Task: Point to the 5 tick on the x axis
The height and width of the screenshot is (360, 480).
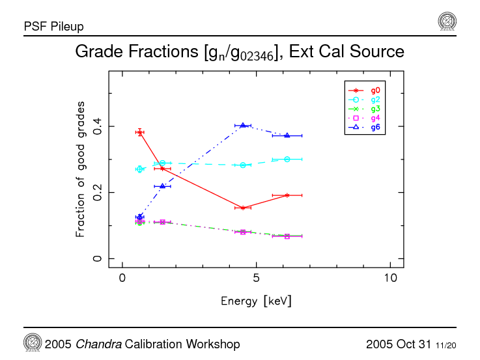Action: pos(257,279)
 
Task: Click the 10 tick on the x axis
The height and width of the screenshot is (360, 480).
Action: pos(390,279)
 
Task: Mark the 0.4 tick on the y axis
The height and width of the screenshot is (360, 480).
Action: pos(98,126)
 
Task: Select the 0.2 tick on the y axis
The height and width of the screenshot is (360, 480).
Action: pos(98,193)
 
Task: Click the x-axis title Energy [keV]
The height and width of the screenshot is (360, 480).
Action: pos(256,301)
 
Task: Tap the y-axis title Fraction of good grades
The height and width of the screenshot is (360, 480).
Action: pos(80,169)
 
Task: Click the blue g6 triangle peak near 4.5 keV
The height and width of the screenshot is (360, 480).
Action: pos(243,125)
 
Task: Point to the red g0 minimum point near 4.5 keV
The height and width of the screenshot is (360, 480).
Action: pos(243,208)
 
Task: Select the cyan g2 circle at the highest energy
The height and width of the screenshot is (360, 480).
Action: pos(287,159)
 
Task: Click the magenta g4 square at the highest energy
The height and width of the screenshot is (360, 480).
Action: pos(287,236)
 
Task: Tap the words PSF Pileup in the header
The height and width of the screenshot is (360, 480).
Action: pos(53,27)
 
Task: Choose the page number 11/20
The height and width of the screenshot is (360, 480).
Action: pos(446,344)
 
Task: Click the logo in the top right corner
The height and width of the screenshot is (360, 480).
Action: pos(447,21)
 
